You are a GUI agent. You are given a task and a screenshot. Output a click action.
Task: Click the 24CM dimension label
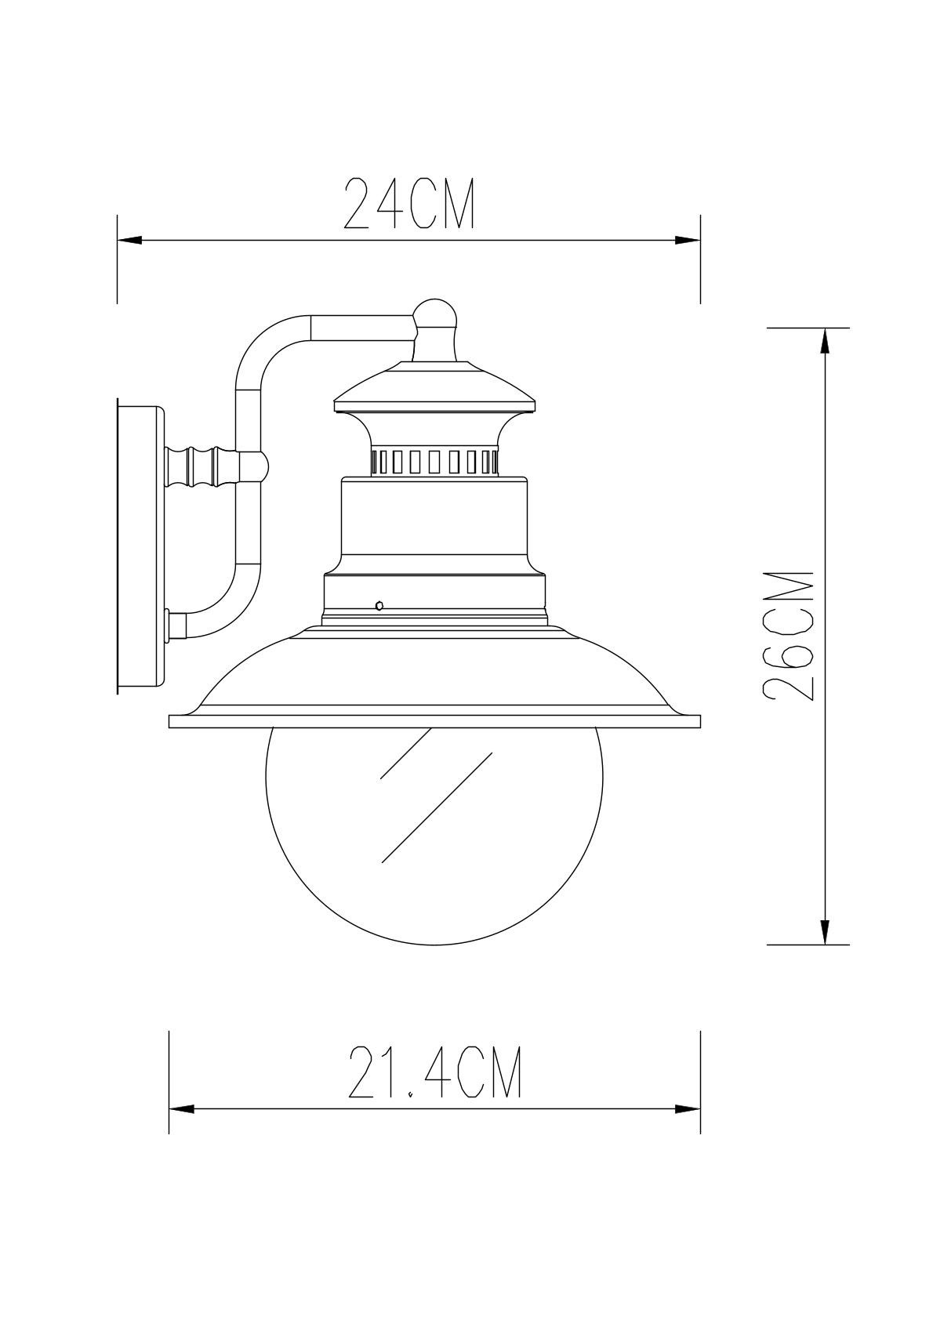click(409, 203)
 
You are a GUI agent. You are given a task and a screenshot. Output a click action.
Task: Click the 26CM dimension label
click(788, 634)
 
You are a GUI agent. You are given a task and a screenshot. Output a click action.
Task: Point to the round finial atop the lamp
click(435, 315)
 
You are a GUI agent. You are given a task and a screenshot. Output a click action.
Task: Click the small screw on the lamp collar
click(379, 604)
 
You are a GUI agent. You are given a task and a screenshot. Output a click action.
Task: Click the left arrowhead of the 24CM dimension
click(130, 241)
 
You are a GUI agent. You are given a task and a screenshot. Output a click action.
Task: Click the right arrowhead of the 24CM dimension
click(688, 241)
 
